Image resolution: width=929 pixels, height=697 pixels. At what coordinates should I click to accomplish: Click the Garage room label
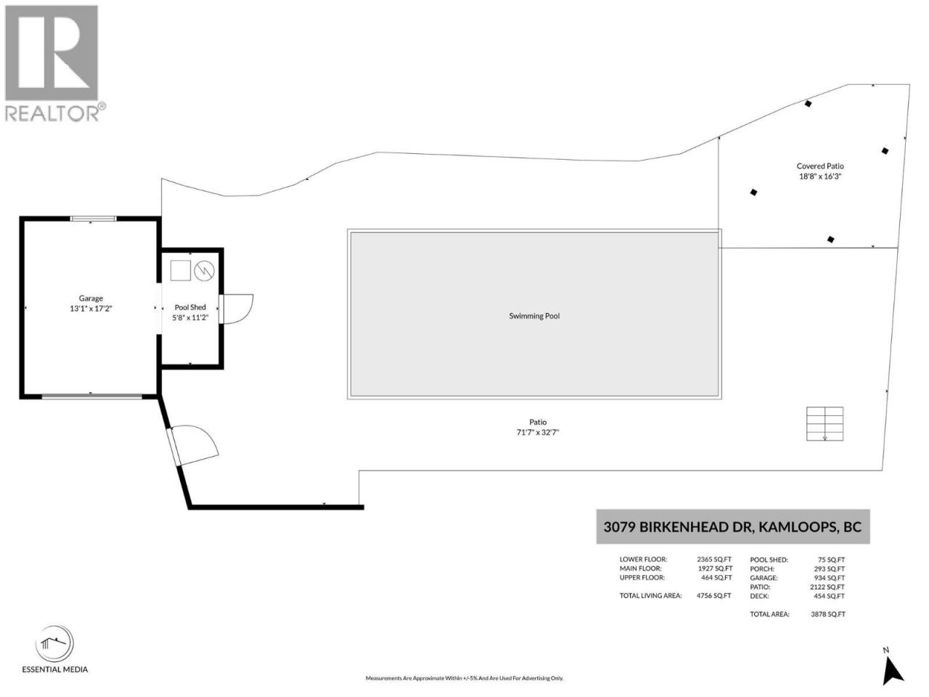91,298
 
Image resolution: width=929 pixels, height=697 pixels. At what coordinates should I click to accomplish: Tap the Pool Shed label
190,307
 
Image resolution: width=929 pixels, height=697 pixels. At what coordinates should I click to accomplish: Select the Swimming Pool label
534,316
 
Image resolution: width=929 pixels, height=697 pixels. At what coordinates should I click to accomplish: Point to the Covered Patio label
820,166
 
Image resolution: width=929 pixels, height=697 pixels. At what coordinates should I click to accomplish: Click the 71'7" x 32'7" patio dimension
538,432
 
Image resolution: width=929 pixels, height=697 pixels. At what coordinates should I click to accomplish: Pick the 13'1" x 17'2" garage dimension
91,309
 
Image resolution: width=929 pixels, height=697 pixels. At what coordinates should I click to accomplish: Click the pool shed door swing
237,309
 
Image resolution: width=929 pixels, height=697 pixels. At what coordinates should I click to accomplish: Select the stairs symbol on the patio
824,423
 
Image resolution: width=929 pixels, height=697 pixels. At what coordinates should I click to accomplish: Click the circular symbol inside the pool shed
204,270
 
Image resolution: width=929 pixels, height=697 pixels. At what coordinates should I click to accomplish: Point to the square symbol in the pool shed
180,270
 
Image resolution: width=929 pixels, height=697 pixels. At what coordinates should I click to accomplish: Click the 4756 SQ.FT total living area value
713,595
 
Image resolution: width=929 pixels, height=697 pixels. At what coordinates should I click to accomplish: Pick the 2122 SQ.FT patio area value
827,587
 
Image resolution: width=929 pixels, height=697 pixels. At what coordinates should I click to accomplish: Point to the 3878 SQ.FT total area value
828,614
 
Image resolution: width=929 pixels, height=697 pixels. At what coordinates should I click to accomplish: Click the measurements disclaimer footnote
464,678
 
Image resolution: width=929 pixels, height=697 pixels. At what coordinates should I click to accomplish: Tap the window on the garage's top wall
93,219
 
